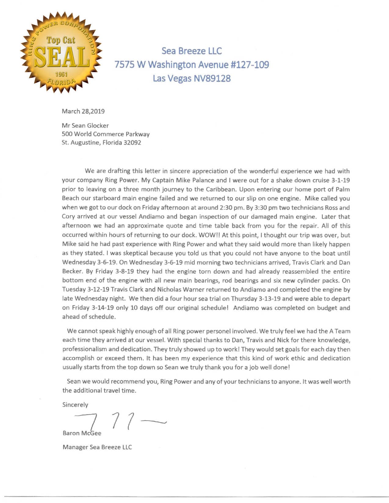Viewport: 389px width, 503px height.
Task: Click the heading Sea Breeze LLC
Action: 192,51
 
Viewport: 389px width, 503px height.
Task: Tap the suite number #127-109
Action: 249,65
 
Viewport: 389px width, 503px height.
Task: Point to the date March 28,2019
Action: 83,111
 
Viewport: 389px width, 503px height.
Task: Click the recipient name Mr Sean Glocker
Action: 85,125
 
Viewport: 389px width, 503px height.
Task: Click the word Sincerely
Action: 75,405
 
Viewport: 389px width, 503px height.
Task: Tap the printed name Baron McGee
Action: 82,433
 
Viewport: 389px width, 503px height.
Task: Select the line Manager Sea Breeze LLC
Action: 97,447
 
